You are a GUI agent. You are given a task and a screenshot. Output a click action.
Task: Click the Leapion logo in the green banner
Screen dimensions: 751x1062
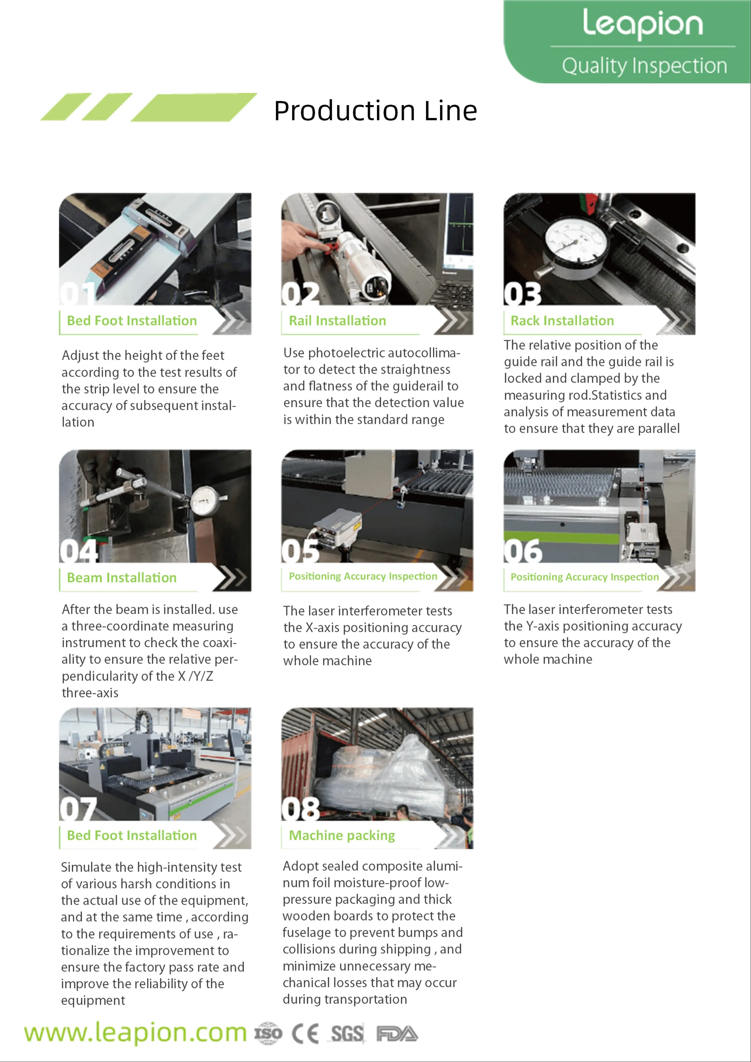(643, 24)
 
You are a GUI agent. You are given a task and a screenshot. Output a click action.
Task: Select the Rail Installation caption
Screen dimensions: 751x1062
(337, 321)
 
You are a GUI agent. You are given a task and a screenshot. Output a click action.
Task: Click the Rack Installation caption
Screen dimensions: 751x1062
(562, 321)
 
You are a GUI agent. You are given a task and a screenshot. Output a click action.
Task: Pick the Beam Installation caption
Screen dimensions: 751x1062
(122, 578)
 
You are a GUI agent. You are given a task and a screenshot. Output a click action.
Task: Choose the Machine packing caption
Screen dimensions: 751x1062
(342, 835)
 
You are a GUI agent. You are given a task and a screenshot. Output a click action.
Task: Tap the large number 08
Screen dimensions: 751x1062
(300, 809)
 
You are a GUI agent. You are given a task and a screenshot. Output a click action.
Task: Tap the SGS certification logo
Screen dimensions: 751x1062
(347, 1033)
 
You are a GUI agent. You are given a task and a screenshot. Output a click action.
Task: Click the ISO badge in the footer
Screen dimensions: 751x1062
(268, 1033)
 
